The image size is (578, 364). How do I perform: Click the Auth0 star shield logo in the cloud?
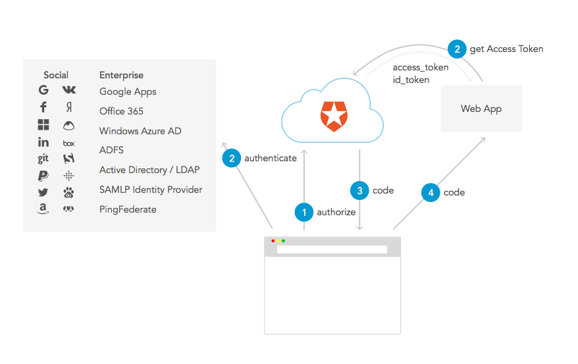tap(332, 116)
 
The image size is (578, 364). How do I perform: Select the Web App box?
tap(481, 109)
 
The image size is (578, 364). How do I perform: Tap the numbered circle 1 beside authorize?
tap(303, 212)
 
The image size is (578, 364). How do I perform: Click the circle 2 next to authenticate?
tap(232, 158)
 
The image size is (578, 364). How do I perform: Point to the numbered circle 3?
tap(359, 191)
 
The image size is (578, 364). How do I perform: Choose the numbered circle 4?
tap(431, 192)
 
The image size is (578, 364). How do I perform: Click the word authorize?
tap(336, 212)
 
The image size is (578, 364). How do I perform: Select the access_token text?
tap(421, 67)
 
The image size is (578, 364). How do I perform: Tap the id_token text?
tap(411, 80)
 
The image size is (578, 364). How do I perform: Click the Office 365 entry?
tap(121, 111)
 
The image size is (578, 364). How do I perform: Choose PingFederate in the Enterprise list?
tap(128, 209)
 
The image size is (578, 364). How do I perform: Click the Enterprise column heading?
tap(121, 75)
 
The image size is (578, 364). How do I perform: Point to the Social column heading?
tap(56, 75)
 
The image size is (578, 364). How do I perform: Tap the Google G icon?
tap(43, 90)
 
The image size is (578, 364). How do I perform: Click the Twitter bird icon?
tap(43, 192)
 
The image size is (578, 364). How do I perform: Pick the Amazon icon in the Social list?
tap(43, 209)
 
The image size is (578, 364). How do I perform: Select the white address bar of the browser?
tap(332, 249)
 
